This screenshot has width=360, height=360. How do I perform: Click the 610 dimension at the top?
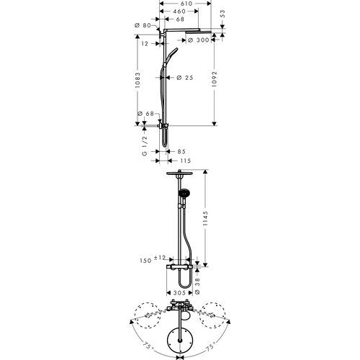point(186,4)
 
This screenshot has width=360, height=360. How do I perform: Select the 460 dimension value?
point(179,12)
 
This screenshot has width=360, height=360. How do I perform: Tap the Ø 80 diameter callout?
point(143,25)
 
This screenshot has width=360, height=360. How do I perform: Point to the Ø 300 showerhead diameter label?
point(198,40)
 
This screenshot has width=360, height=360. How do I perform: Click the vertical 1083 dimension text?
point(138,80)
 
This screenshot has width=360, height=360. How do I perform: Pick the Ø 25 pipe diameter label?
point(185,78)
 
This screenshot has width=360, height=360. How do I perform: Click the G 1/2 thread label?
point(145,146)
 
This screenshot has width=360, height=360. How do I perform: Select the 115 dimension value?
point(186,161)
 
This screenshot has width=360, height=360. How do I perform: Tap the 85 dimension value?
point(182,151)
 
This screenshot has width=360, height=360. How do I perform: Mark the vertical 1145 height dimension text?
point(204,218)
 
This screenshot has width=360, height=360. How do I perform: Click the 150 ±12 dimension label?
point(153,259)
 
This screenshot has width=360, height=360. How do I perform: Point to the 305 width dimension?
point(179,293)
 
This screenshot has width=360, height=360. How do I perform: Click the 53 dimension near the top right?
point(222,14)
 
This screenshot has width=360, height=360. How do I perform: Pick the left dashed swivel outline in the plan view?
point(148,315)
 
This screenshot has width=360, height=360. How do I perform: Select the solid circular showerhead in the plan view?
point(179,341)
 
